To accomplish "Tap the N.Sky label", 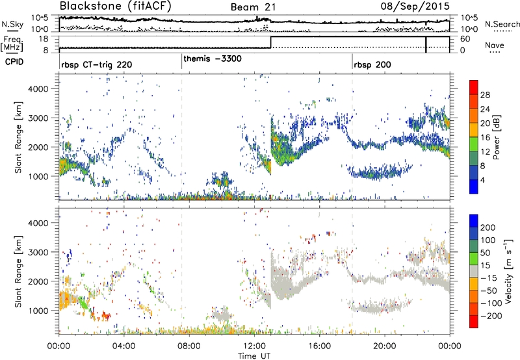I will click(x=10, y=24).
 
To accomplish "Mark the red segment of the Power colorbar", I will click(x=474, y=88).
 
